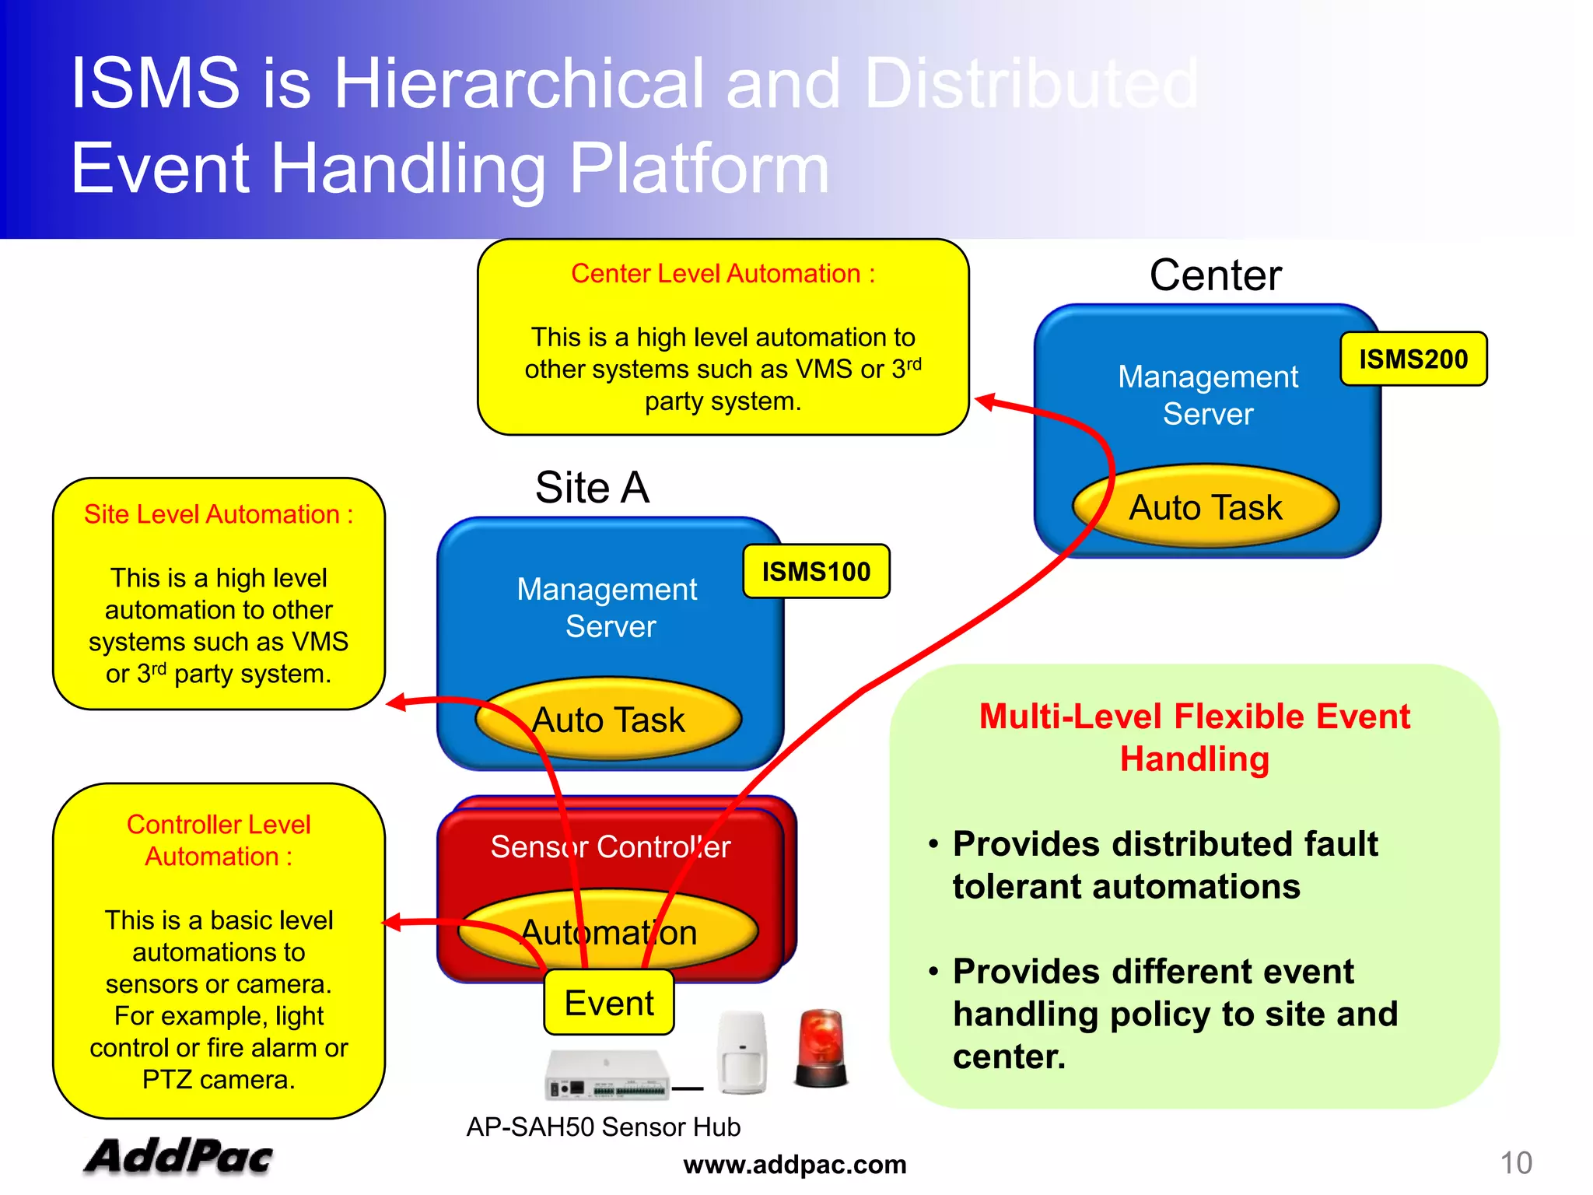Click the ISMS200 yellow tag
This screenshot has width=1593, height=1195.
[1413, 359]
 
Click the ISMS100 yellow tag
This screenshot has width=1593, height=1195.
[815, 571]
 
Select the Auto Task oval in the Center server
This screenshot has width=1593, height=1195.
[1205, 507]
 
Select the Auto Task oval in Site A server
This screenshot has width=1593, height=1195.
[608, 720]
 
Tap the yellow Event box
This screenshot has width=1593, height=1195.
[608, 1003]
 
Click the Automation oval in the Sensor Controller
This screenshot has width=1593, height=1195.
[608, 932]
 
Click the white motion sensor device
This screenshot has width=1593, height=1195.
[741, 1052]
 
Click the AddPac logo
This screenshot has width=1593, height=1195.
[178, 1156]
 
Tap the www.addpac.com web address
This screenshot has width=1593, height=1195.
[794, 1165]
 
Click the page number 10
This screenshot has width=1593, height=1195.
[1515, 1163]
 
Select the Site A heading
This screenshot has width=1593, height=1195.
[592, 488]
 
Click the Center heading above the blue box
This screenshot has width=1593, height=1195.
[1215, 275]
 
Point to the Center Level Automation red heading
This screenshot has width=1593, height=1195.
[723, 274]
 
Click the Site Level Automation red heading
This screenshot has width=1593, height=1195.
[219, 514]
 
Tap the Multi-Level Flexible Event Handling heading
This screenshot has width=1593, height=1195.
[1194, 737]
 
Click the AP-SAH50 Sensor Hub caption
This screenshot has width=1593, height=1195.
[603, 1127]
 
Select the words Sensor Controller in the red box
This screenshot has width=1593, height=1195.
[610, 846]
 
